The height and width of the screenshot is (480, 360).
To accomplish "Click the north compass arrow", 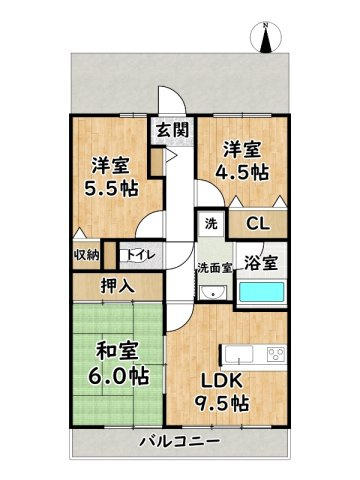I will (x=267, y=39).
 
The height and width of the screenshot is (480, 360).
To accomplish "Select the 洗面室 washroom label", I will (x=212, y=268).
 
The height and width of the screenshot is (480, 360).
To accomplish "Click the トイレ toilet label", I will (x=138, y=255).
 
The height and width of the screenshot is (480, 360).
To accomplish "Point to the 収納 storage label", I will (x=86, y=255).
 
